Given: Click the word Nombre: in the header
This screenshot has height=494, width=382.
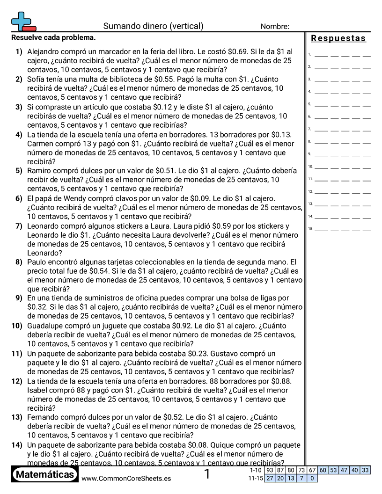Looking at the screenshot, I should pyautogui.click(x=275, y=27).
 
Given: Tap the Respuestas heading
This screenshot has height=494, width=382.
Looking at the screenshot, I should pyautogui.click(x=338, y=38).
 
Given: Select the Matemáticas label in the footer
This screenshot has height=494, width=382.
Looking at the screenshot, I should pyautogui.click(x=45, y=475).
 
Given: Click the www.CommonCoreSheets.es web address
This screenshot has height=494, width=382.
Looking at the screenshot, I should pyautogui.click(x=126, y=478).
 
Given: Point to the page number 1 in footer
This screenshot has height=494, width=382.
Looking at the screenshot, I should pyautogui.click(x=207, y=475).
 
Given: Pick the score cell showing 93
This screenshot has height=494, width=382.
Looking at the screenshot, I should pyautogui.click(x=270, y=470).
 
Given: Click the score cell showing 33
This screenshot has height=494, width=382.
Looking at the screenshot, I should pyautogui.click(x=365, y=470).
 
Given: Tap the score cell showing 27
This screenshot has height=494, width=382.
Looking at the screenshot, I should pyautogui.click(x=270, y=478).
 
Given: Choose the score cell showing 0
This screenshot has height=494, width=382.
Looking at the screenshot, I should pyautogui.click(x=312, y=478).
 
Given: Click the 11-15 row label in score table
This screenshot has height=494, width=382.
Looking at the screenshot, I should pyautogui.click(x=256, y=478).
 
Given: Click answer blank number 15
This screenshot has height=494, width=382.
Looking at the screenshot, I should pyautogui.click(x=342, y=229).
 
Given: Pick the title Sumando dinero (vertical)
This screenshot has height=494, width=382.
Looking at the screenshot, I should pyautogui.click(x=153, y=26).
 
